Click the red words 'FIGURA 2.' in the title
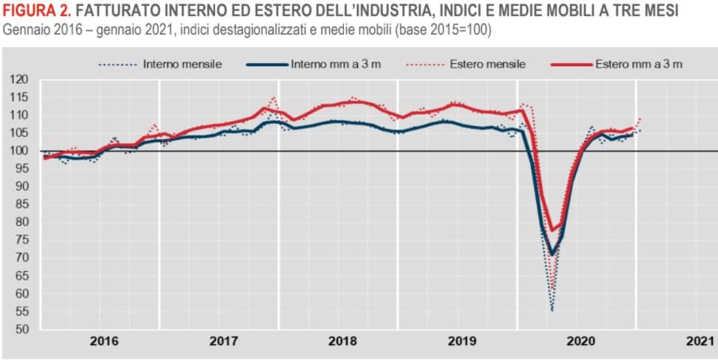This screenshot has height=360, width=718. click(36, 11)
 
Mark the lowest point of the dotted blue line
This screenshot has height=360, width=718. click(552, 311)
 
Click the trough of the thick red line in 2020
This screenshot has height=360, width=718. click(552, 231)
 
